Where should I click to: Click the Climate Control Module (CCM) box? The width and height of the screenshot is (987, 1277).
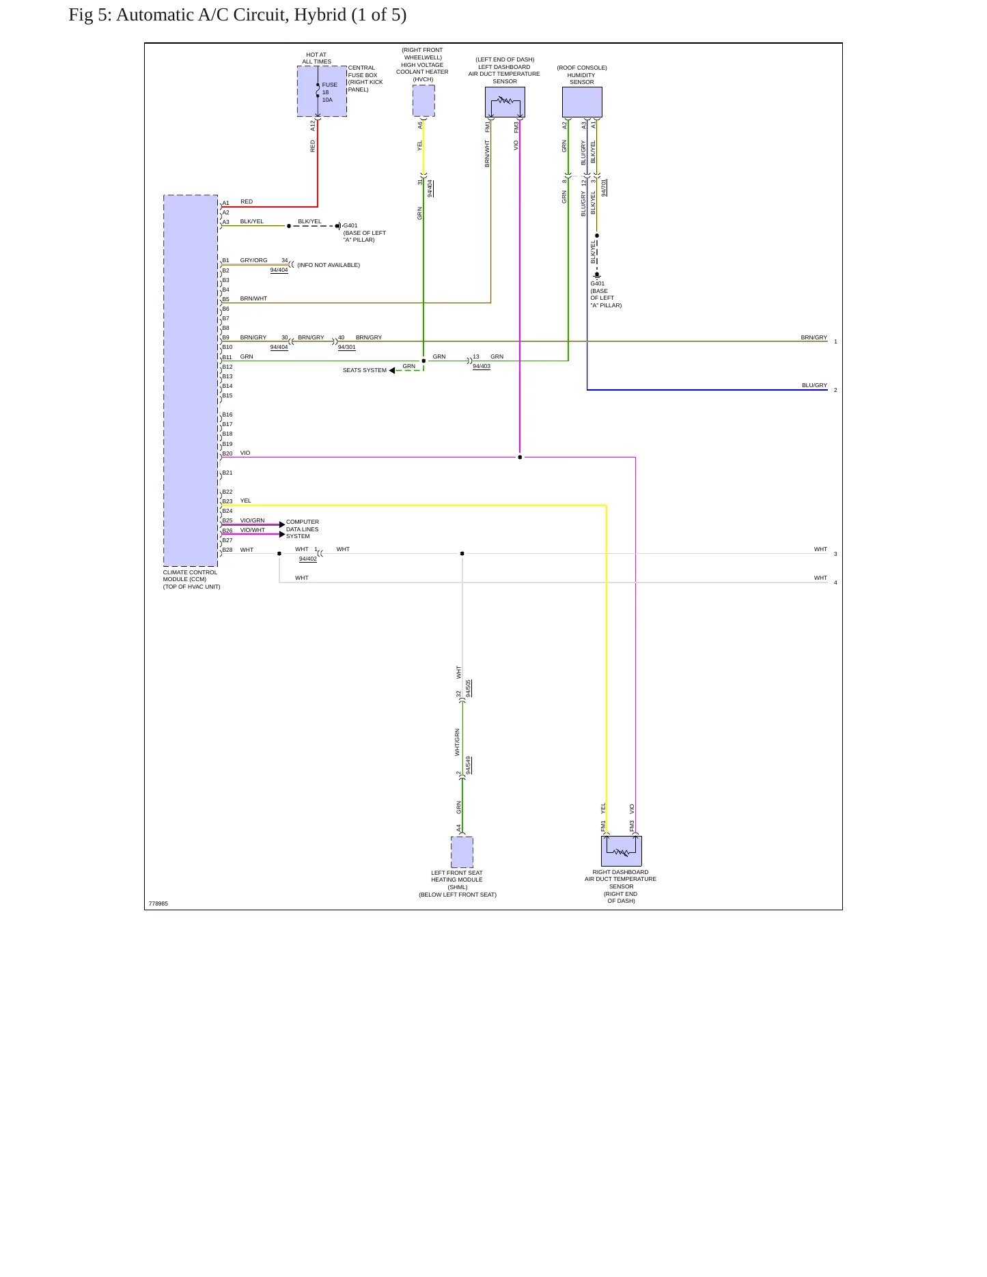coord(191,380)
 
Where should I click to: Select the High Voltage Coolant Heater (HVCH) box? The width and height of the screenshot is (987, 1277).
coord(423,100)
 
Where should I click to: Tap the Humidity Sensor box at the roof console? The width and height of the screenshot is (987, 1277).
coord(582,102)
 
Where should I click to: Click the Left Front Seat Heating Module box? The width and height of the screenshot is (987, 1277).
coord(462,852)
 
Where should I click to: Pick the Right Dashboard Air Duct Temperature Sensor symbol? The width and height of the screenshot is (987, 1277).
coord(622,851)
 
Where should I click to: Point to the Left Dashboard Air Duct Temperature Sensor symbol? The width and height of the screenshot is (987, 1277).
coord(505,102)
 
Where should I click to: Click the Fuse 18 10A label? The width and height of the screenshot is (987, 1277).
coord(329,92)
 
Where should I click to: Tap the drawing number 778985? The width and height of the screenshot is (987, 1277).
coord(158,903)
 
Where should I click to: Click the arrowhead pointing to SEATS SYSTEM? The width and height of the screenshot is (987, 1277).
coord(392,370)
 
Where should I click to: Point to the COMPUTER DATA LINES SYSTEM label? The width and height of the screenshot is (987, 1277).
coord(302,529)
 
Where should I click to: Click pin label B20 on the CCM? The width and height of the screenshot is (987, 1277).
coord(227,453)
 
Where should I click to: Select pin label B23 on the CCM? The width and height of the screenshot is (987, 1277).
coord(227,501)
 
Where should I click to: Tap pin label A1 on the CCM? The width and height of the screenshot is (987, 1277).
coord(225,203)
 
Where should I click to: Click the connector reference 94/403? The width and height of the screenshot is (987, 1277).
coord(482,366)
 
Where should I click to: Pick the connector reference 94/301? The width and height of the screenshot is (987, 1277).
coord(346,347)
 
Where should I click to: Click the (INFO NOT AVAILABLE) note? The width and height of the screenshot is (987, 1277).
coord(329,265)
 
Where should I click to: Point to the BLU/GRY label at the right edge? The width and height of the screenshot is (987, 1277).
coord(814,385)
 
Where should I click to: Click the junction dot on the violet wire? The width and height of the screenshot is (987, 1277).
coord(520,457)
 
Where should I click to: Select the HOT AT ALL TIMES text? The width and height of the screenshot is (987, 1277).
coord(316,58)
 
